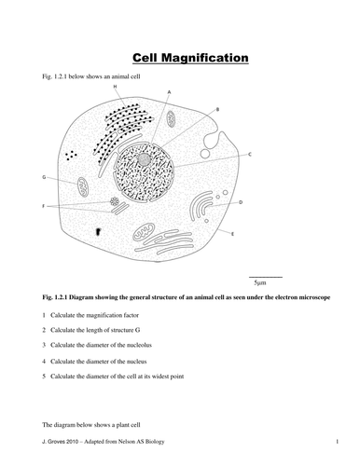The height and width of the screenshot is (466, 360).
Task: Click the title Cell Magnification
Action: point(180,58)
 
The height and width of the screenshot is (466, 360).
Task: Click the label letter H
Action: point(115,86)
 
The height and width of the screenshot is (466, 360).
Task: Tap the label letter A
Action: point(169,91)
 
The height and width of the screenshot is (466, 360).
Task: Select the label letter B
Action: point(217,109)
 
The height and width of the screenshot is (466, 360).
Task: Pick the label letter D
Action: point(242,201)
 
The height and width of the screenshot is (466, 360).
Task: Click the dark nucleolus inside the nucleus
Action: point(145,160)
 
